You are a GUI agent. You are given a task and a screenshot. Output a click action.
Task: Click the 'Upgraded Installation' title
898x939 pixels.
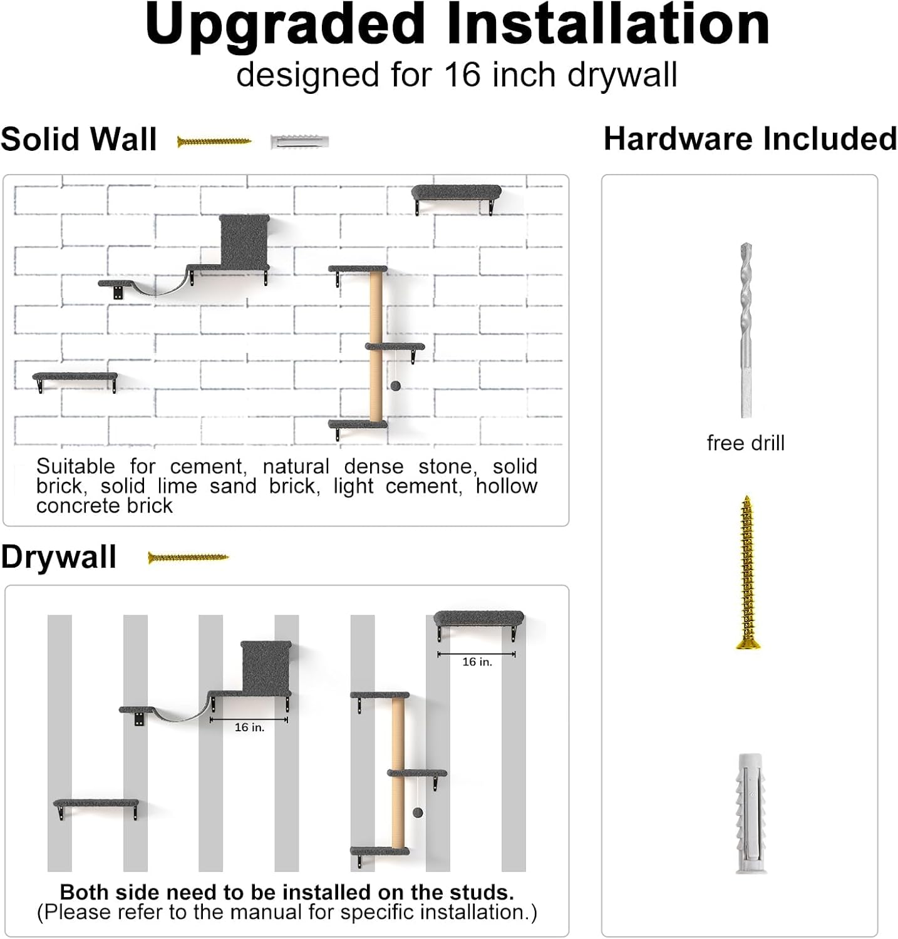(457, 25)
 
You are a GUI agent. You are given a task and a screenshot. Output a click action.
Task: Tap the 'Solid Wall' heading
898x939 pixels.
(79, 139)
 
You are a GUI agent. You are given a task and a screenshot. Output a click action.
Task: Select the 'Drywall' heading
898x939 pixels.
(59, 557)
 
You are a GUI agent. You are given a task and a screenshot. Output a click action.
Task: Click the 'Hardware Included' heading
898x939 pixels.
(750, 139)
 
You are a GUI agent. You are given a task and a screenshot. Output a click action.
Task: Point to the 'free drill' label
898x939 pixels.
(745, 443)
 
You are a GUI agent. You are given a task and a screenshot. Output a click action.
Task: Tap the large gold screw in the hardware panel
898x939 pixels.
(746, 572)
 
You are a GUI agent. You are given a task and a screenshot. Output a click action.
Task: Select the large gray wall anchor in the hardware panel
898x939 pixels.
(749, 813)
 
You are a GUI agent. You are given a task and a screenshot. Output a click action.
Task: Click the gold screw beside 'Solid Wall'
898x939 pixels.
(214, 141)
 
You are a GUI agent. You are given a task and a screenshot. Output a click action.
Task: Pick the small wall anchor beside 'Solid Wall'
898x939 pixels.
(299, 141)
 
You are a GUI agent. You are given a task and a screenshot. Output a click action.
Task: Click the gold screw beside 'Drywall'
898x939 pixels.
(188, 557)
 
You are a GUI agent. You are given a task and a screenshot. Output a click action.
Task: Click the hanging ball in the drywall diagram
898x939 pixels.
(418, 813)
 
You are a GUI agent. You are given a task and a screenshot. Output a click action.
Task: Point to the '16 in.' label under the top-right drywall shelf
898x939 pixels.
(477, 662)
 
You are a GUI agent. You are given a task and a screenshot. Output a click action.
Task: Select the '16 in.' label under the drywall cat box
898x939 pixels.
(249, 727)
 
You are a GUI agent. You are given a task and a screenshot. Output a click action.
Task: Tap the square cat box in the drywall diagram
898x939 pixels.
(266, 666)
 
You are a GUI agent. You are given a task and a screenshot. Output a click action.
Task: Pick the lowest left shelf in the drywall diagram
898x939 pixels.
(96, 804)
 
